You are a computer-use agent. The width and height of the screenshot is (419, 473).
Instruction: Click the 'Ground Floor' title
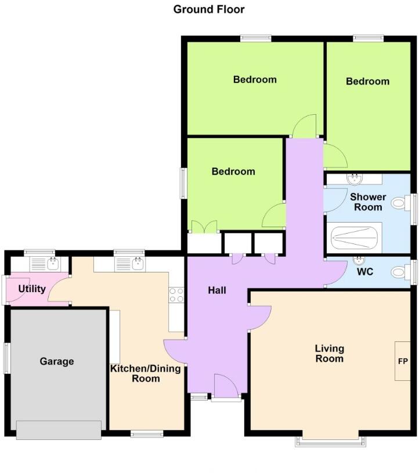(x=209, y=9)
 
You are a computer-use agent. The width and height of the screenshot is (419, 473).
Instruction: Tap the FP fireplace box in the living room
(x=403, y=361)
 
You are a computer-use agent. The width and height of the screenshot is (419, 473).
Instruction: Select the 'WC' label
(x=365, y=271)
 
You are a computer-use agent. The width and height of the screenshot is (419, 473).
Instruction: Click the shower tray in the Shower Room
(x=354, y=237)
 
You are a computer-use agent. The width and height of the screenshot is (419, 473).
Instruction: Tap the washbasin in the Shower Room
(x=354, y=179)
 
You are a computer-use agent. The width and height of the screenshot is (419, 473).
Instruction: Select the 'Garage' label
(x=57, y=361)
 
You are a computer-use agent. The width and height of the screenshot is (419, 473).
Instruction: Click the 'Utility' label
(x=32, y=289)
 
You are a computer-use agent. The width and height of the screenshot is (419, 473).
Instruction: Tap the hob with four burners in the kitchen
(x=176, y=295)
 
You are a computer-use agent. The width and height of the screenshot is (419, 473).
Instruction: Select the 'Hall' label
(x=217, y=290)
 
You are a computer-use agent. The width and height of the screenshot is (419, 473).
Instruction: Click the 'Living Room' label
(x=329, y=353)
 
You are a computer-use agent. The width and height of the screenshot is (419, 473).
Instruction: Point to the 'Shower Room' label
(x=368, y=202)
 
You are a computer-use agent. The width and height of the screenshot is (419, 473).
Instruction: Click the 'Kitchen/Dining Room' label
(x=146, y=373)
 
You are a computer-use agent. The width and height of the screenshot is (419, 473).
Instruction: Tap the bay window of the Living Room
(x=331, y=442)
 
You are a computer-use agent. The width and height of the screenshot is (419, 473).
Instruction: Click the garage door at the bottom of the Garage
(x=59, y=430)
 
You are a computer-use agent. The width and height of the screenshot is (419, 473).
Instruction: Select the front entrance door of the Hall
(x=225, y=387)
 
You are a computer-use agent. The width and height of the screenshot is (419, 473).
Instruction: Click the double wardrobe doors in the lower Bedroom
(x=203, y=227)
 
